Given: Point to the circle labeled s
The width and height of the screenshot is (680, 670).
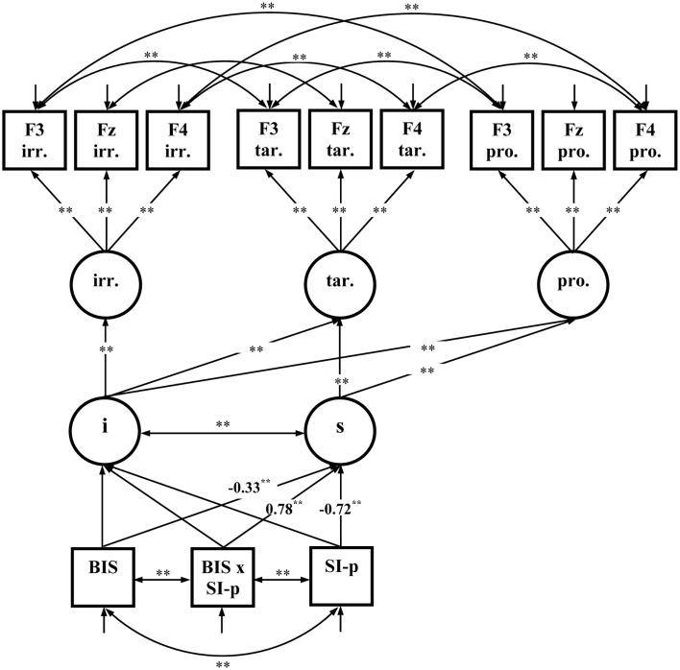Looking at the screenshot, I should point(338,422).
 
